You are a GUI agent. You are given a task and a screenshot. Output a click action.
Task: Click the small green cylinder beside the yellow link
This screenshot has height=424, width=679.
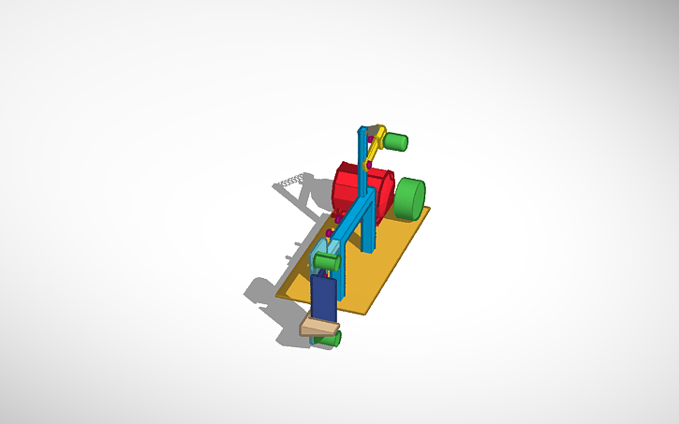[x=395, y=142]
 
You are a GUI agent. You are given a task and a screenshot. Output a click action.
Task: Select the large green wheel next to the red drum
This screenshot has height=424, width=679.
[x=409, y=199]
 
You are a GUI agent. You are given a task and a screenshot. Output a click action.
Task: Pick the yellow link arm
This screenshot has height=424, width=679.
[x=375, y=147]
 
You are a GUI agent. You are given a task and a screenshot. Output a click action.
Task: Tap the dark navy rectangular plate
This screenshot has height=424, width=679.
[x=323, y=298]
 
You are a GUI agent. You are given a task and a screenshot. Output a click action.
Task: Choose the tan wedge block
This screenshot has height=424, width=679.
[x=319, y=327]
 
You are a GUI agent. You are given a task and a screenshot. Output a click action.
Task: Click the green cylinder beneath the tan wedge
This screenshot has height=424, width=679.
[x=329, y=339]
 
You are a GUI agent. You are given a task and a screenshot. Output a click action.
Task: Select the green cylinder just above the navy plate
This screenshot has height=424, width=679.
[x=325, y=261]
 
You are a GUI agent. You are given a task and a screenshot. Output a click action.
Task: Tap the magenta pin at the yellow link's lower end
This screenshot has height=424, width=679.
[x=369, y=165]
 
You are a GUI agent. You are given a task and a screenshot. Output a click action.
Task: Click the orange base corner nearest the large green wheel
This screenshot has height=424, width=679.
[x=428, y=208]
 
